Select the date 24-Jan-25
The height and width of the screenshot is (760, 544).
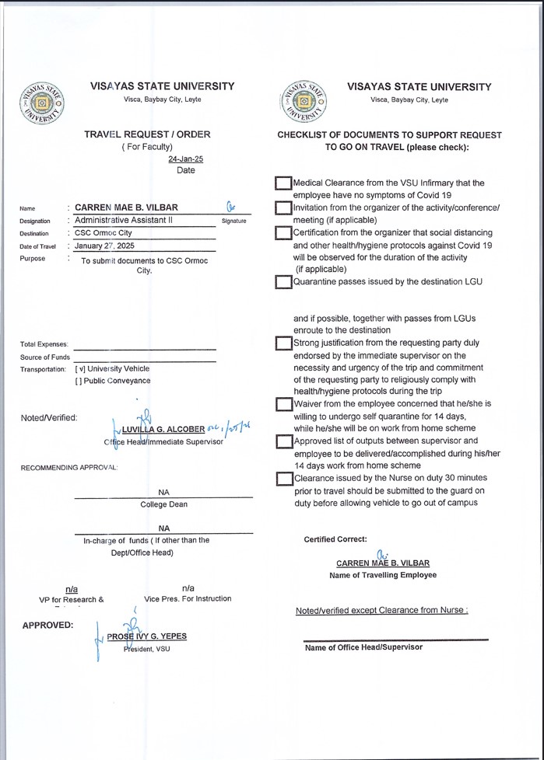[186, 159]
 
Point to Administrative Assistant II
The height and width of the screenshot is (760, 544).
[123, 220]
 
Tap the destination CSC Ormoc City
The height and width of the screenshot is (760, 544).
[104, 233]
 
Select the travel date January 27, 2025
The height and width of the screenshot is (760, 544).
[104, 246]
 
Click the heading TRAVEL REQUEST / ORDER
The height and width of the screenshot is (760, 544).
[147, 134]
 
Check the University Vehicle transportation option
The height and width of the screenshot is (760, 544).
[79, 368]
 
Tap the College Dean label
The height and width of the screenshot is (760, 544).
[163, 504]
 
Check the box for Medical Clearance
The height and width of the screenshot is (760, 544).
[283, 183]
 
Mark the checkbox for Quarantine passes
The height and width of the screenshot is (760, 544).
[283, 282]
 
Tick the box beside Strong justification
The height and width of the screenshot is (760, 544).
[283, 343]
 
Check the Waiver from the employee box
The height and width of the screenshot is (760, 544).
[283, 404]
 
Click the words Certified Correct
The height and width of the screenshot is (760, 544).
[335, 539]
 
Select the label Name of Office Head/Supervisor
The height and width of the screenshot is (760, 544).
[363, 647]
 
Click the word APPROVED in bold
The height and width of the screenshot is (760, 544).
[48, 625]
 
